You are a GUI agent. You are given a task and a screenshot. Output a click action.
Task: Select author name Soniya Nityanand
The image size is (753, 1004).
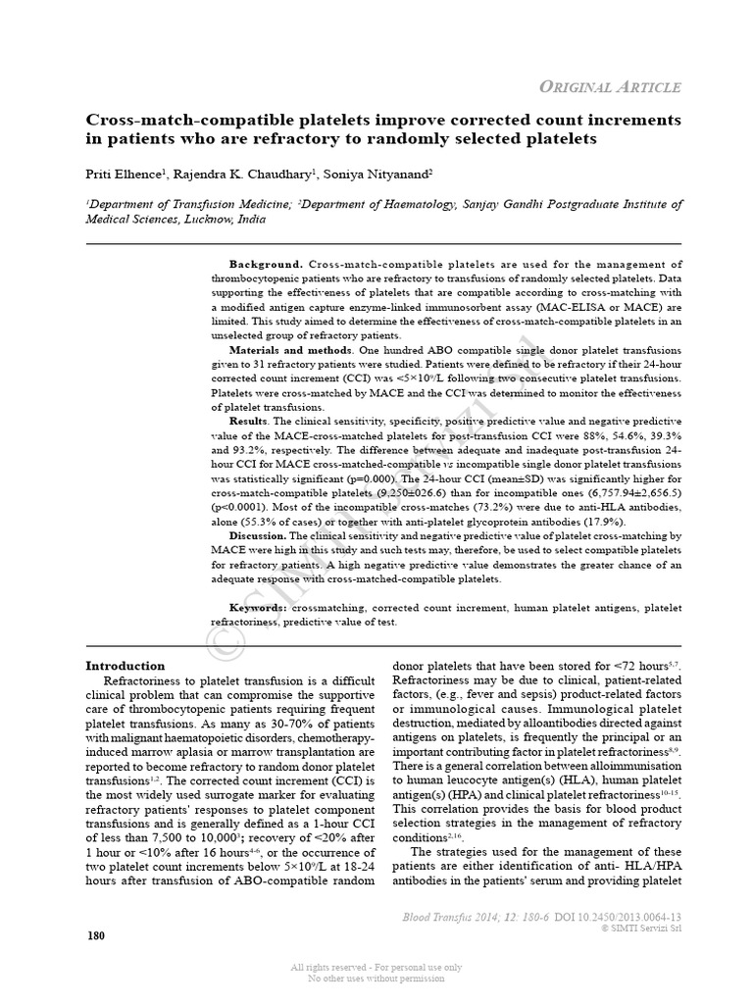click(x=383, y=174)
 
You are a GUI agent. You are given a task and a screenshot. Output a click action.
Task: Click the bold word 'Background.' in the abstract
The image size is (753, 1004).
click(x=266, y=265)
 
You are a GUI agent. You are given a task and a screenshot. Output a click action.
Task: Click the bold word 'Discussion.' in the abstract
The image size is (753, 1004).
click(x=258, y=536)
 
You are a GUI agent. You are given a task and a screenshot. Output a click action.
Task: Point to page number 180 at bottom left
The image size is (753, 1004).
click(x=96, y=935)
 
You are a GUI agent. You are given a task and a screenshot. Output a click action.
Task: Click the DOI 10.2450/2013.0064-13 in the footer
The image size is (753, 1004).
click(x=618, y=917)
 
